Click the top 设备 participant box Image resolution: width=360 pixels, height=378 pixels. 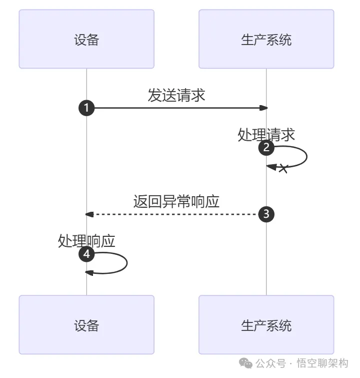86,39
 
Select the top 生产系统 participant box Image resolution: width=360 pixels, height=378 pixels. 266,39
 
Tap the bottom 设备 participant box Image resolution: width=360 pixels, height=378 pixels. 86,325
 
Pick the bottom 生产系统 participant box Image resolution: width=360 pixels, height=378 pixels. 266,325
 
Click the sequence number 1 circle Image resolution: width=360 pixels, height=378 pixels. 86,108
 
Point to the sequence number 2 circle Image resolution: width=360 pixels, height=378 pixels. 266,148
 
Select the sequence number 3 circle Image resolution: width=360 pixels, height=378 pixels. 266,214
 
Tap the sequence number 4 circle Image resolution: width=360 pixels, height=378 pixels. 86,254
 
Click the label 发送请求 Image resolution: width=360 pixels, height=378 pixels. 176,95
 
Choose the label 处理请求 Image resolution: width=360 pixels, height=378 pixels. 266,135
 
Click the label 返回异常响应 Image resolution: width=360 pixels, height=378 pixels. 176,202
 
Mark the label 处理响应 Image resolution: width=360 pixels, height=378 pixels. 86,241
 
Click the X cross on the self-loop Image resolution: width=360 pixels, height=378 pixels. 283,169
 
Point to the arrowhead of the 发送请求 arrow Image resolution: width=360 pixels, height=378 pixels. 263,108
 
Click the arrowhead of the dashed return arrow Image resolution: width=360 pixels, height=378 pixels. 89,214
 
